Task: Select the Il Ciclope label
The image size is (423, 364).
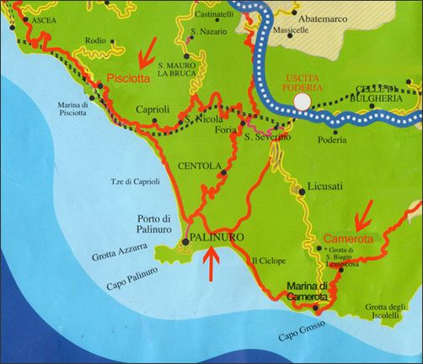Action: click(x=266, y=261)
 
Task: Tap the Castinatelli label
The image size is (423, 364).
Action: click(x=213, y=15)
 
